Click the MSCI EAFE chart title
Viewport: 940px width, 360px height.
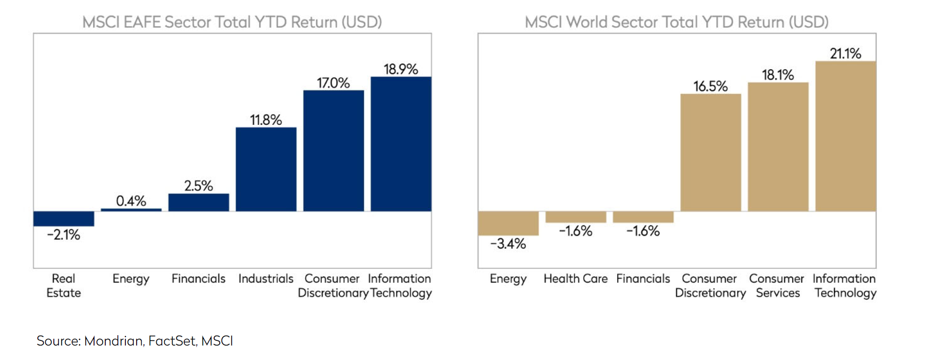point(232,22)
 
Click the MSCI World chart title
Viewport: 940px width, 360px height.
point(676,22)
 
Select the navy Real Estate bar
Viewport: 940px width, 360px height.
point(64,218)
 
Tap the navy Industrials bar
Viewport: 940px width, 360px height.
point(266,169)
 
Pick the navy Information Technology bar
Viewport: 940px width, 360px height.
point(401,144)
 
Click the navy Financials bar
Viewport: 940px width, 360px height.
point(198,202)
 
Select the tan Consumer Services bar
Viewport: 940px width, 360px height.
point(778,147)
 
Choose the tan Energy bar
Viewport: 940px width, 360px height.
point(508,223)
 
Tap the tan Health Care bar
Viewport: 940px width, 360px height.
point(575,217)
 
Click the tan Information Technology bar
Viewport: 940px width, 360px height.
point(846,136)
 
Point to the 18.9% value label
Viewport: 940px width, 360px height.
point(401,69)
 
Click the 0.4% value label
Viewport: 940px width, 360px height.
point(131,201)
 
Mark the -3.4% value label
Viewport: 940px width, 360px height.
point(508,244)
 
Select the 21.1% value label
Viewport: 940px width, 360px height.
point(846,54)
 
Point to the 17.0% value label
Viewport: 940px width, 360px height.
point(333,83)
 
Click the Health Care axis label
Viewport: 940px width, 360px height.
point(575,279)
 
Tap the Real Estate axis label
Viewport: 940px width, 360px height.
point(64,286)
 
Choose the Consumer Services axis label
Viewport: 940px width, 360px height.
point(777,286)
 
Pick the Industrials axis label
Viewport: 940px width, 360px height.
point(266,279)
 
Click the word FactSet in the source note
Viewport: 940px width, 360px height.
point(172,341)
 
